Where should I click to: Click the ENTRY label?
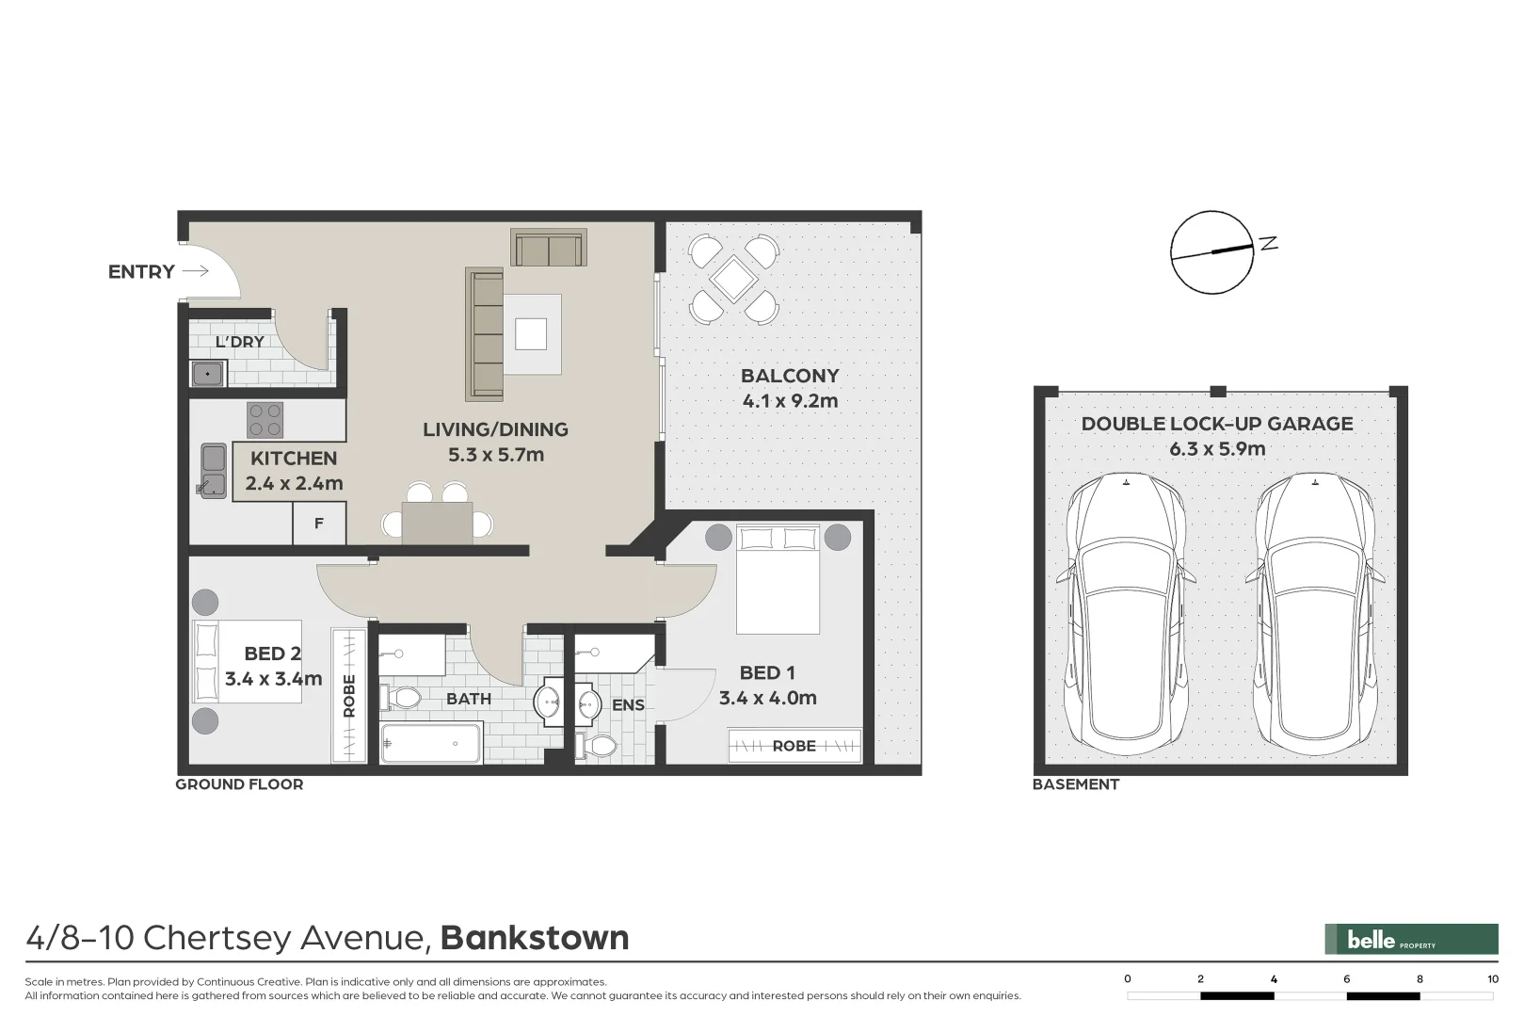(x=141, y=272)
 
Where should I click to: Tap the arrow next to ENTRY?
(x=195, y=271)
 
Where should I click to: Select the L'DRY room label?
(x=239, y=342)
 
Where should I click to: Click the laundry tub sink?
(x=207, y=375)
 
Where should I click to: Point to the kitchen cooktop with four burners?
(x=265, y=420)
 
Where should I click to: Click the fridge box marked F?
(x=319, y=524)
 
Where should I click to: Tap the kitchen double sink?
(x=213, y=471)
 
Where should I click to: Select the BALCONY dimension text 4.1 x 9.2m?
(x=790, y=401)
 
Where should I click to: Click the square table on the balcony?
(x=733, y=279)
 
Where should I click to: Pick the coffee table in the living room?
(x=531, y=333)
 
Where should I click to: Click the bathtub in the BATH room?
(x=430, y=743)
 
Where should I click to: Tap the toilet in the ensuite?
(x=597, y=747)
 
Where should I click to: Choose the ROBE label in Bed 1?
(x=794, y=746)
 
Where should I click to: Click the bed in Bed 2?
(x=247, y=661)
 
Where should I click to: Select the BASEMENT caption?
(x=1076, y=784)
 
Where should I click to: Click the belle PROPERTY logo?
(x=1410, y=939)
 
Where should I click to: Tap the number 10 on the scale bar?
(x=1492, y=979)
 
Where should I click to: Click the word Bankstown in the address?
(x=535, y=938)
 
